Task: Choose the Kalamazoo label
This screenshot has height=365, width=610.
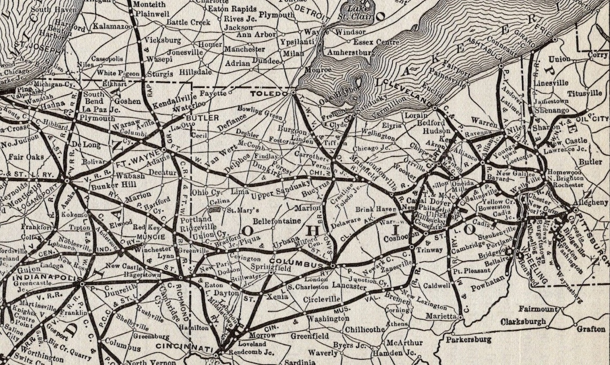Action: point(112,26)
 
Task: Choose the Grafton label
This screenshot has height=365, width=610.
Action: point(591,329)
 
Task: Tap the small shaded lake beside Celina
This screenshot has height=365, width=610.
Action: point(216,209)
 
